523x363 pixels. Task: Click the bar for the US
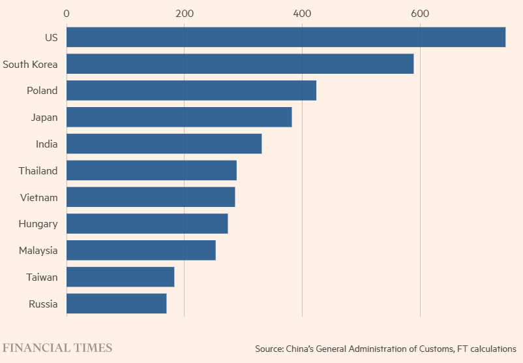click(286, 37)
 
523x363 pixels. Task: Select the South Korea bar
click(240, 64)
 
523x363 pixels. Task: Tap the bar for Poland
click(191, 91)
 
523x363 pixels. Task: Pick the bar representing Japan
click(179, 118)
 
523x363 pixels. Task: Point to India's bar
click(164, 144)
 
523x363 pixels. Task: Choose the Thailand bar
click(151, 170)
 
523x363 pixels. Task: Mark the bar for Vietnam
click(151, 197)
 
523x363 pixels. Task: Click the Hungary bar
click(147, 224)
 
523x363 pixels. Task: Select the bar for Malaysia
click(141, 250)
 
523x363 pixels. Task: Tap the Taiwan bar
click(120, 277)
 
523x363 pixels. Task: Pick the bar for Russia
click(116, 304)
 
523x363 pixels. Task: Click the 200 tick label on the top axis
click(185, 13)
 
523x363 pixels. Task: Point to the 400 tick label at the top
click(302, 13)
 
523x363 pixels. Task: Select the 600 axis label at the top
click(420, 13)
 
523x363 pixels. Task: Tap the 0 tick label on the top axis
click(67, 13)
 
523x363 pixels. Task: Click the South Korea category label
click(30, 64)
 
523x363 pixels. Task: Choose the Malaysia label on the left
click(38, 251)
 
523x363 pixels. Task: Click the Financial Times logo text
click(57, 347)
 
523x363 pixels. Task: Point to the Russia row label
click(43, 304)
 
